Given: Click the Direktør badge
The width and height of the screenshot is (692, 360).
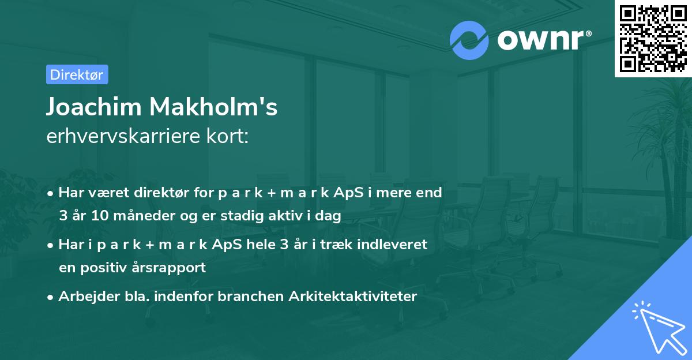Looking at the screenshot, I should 77,74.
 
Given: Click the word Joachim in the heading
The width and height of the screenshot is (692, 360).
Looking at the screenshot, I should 93,107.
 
